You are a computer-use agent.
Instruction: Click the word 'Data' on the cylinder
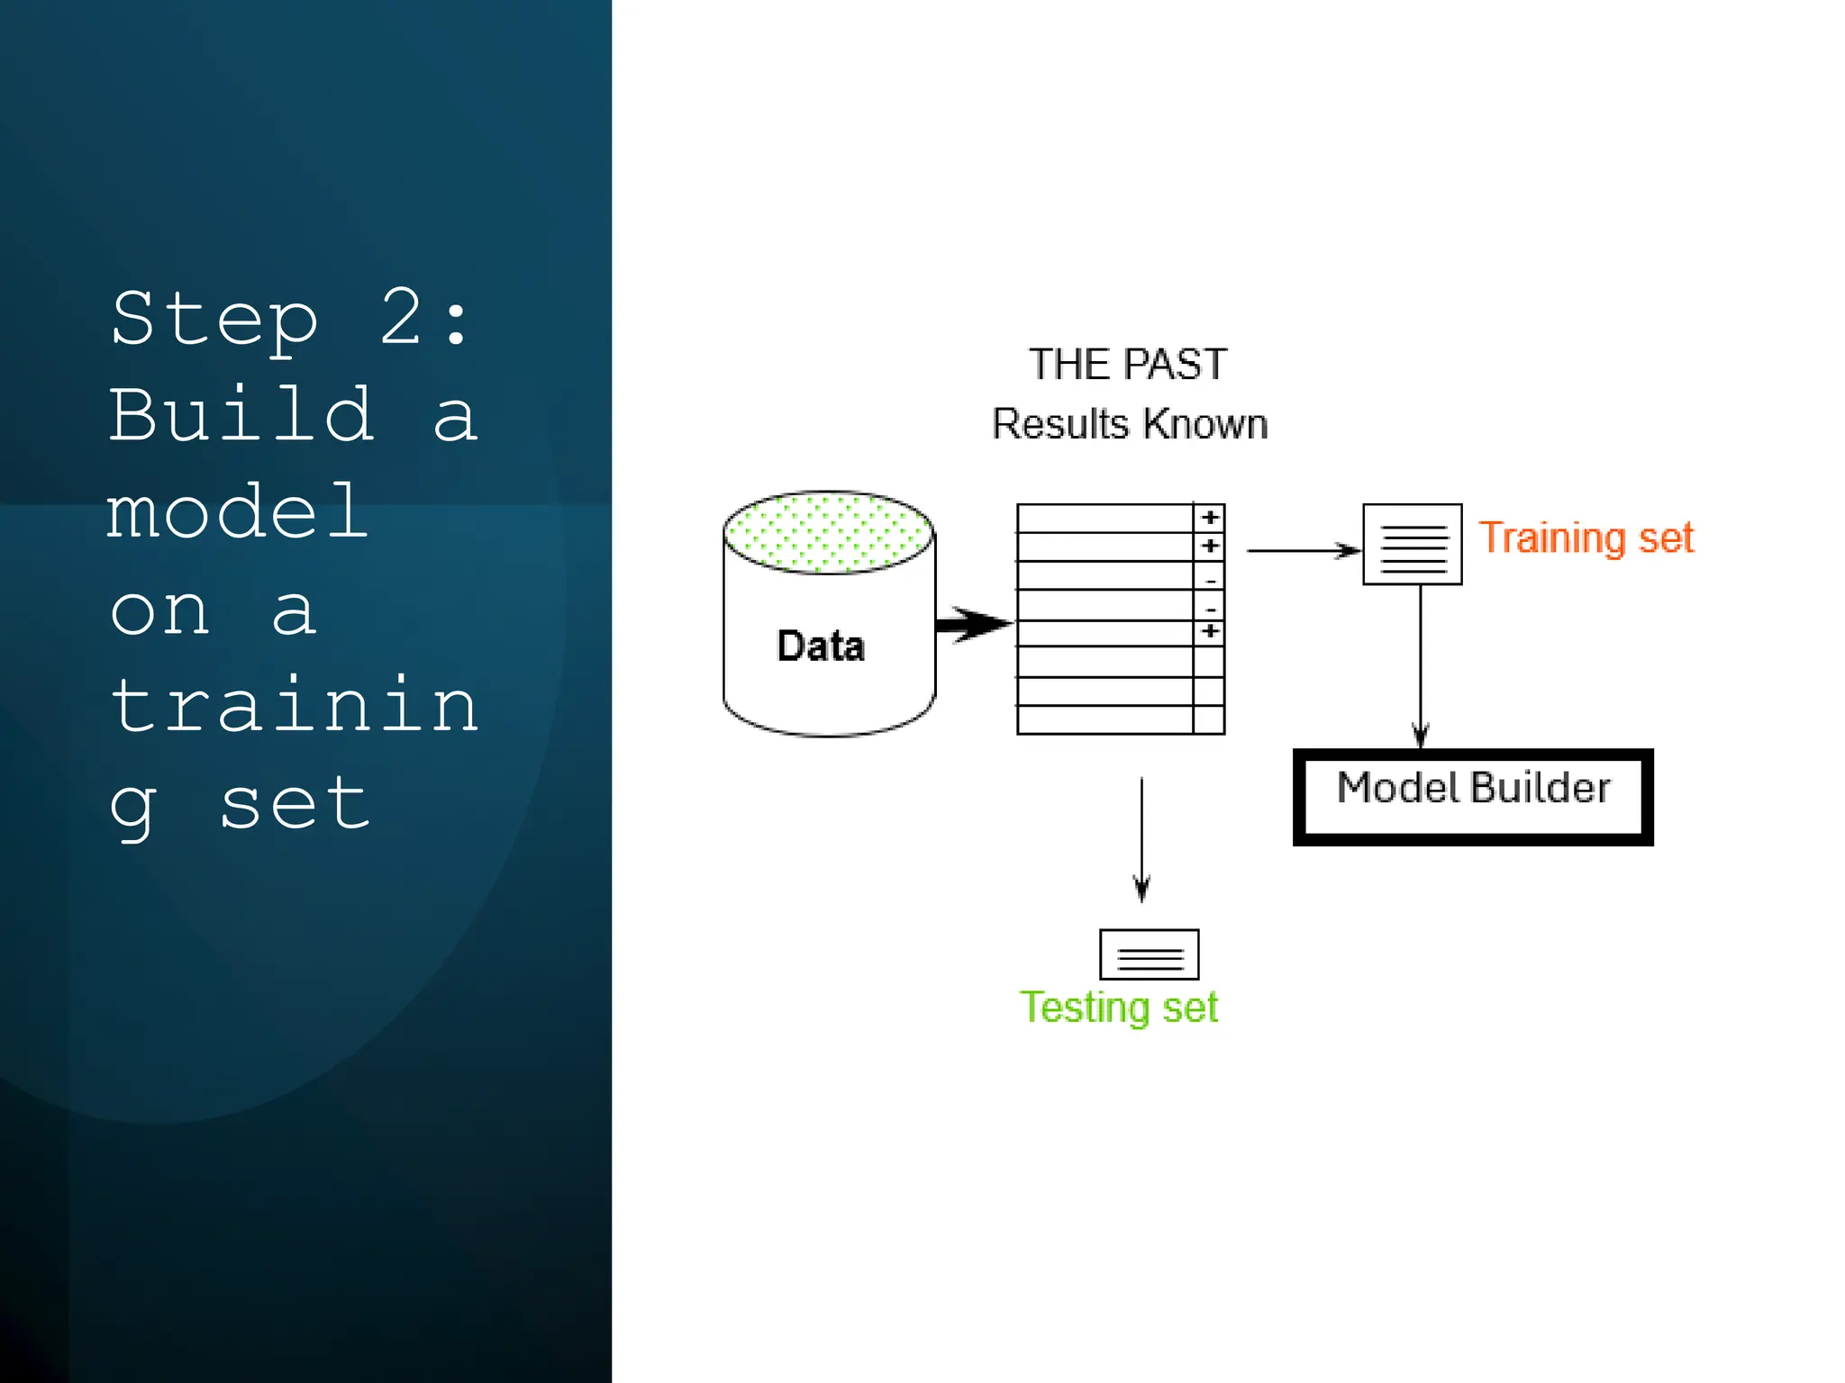click(820, 646)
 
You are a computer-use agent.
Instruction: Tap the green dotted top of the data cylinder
click(828, 532)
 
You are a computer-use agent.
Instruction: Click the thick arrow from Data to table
click(973, 623)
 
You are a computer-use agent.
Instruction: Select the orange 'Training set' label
click(1586, 538)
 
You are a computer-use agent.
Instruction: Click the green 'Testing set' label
click(1118, 1007)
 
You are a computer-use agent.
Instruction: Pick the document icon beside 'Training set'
click(1412, 544)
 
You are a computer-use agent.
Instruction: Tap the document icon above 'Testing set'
click(1149, 954)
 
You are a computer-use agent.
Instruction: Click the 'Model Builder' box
click(1472, 796)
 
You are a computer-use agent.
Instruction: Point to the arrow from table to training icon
click(1302, 550)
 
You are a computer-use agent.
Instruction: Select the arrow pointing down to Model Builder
click(1421, 666)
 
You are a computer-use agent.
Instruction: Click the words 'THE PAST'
click(1127, 365)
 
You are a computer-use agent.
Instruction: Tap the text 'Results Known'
click(1129, 423)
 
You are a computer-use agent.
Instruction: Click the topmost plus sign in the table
click(1210, 518)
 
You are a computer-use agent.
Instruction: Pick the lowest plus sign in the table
click(1210, 632)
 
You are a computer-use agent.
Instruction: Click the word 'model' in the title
click(237, 512)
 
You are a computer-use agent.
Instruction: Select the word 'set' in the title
click(295, 804)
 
